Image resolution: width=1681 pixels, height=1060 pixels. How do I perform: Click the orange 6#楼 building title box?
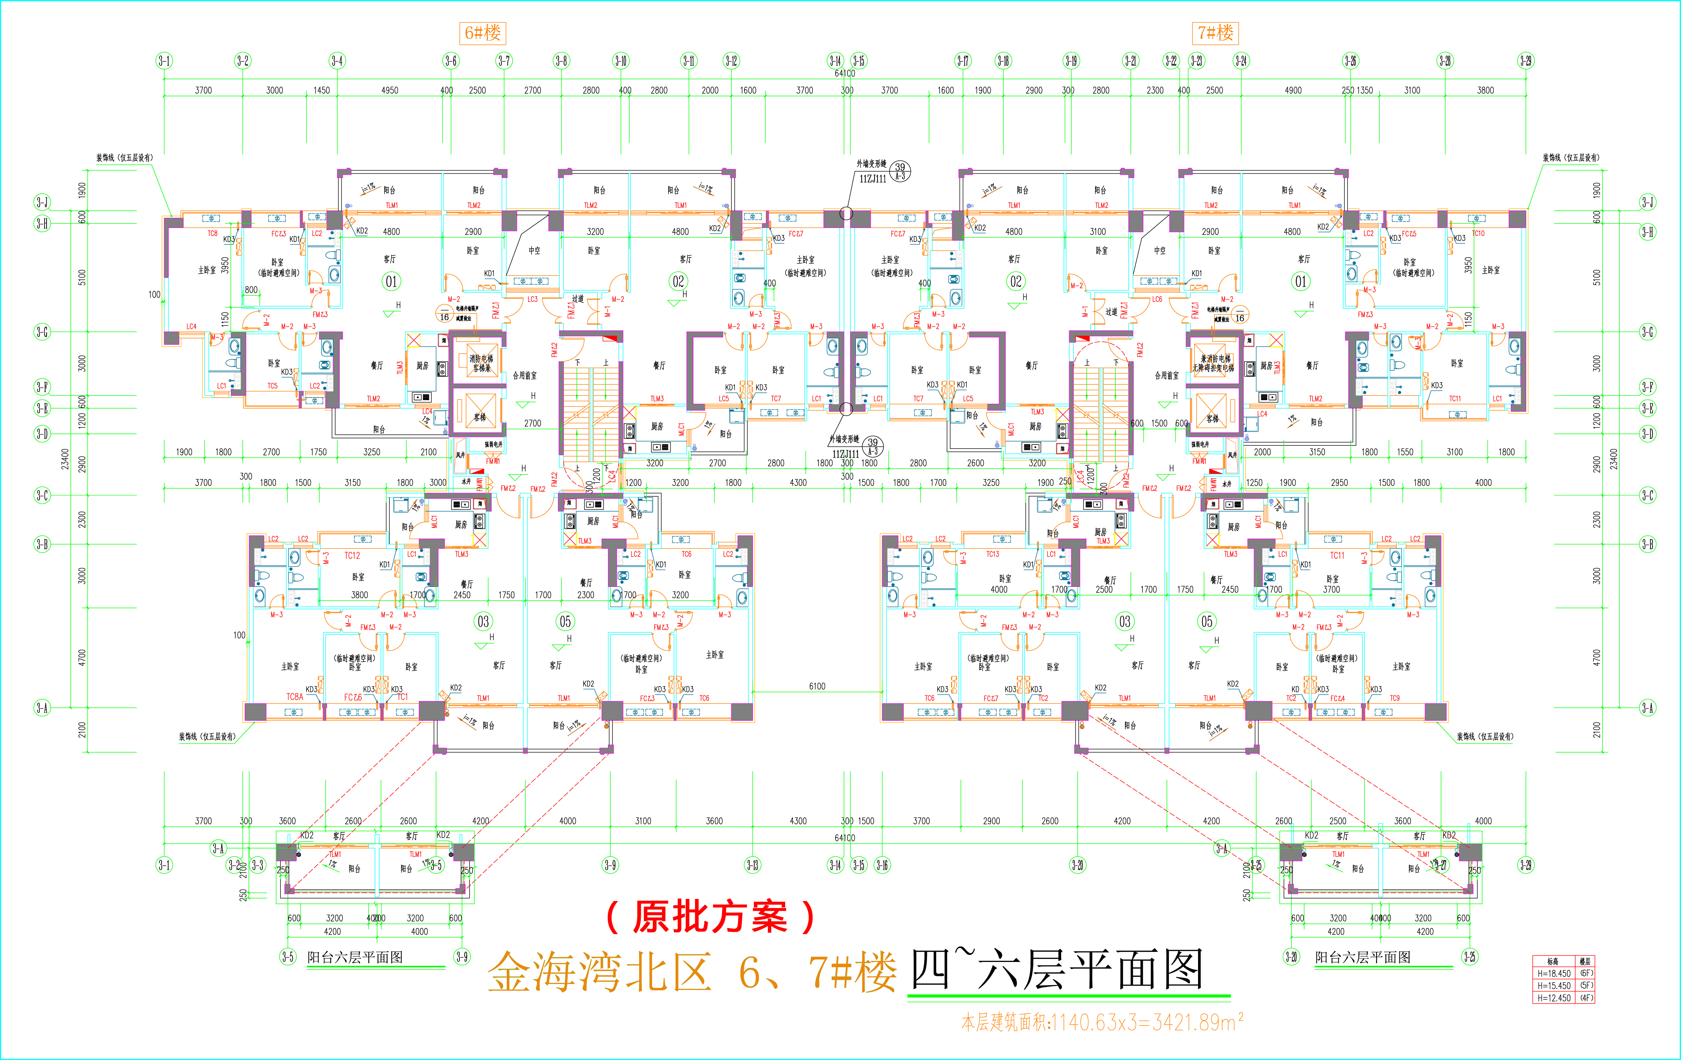482,33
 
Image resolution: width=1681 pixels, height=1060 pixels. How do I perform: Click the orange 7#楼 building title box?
1215,33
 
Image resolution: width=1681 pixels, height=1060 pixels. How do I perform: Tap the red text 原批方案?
710,917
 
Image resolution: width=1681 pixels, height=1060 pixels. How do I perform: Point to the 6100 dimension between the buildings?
817,686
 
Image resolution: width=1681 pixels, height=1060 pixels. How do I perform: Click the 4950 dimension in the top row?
389,90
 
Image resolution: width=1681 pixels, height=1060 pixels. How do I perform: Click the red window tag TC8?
212,234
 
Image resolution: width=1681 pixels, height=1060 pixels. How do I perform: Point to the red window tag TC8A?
295,697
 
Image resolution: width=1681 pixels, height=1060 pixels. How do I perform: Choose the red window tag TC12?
352,555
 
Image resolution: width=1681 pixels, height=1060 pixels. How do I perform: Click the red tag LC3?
533,299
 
